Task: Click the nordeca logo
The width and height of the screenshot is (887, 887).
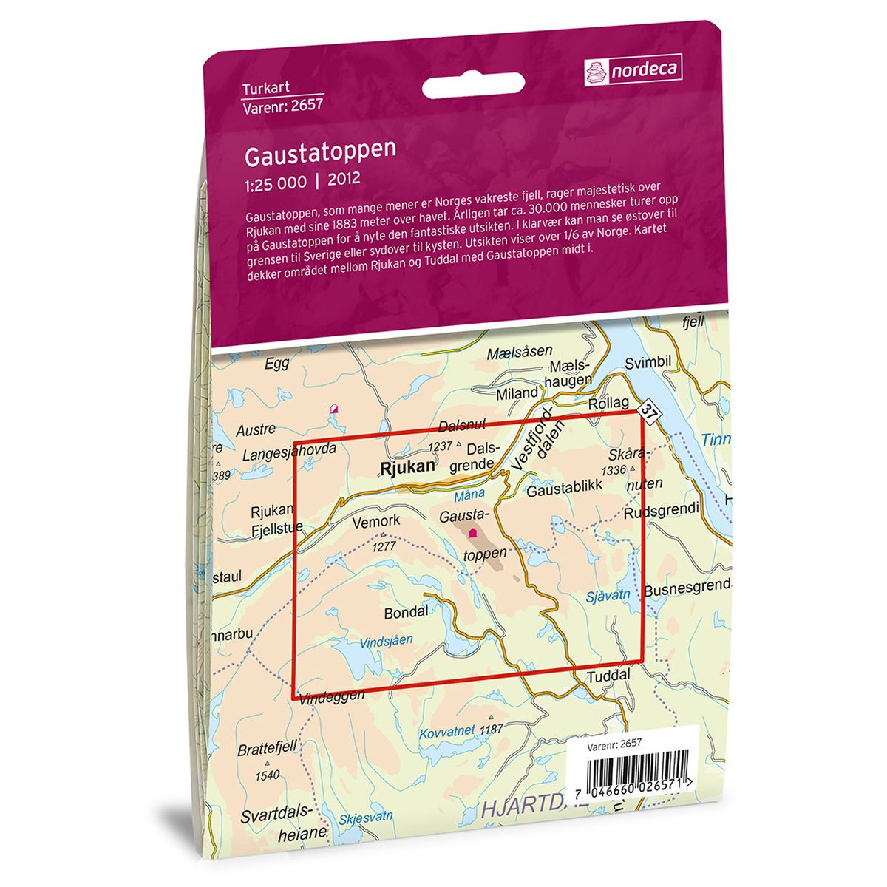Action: click(x=632, y=70)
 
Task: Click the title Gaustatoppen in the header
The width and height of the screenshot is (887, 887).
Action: click(x=319, y=150)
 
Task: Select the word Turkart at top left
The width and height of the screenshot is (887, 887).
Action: click(x=262, y=90)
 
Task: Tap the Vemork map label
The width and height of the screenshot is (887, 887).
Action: click(x=376, y=521)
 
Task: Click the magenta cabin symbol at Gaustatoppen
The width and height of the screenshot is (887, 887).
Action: click(x=473, y=531)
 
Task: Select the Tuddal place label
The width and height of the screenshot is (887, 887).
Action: click(x=608, y=676)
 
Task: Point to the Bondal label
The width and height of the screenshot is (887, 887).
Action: click(x=406, y=612)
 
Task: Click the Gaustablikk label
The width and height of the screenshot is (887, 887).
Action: click(x=565, y=486)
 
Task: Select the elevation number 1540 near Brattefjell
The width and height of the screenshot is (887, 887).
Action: click(x=266, y=775)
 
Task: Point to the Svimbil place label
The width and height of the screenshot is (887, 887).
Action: click(x=648, y=363)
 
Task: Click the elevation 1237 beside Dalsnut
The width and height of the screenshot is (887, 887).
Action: click(x=440, y=446)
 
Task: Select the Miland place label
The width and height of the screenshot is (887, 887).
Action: click(x=517, y=394)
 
